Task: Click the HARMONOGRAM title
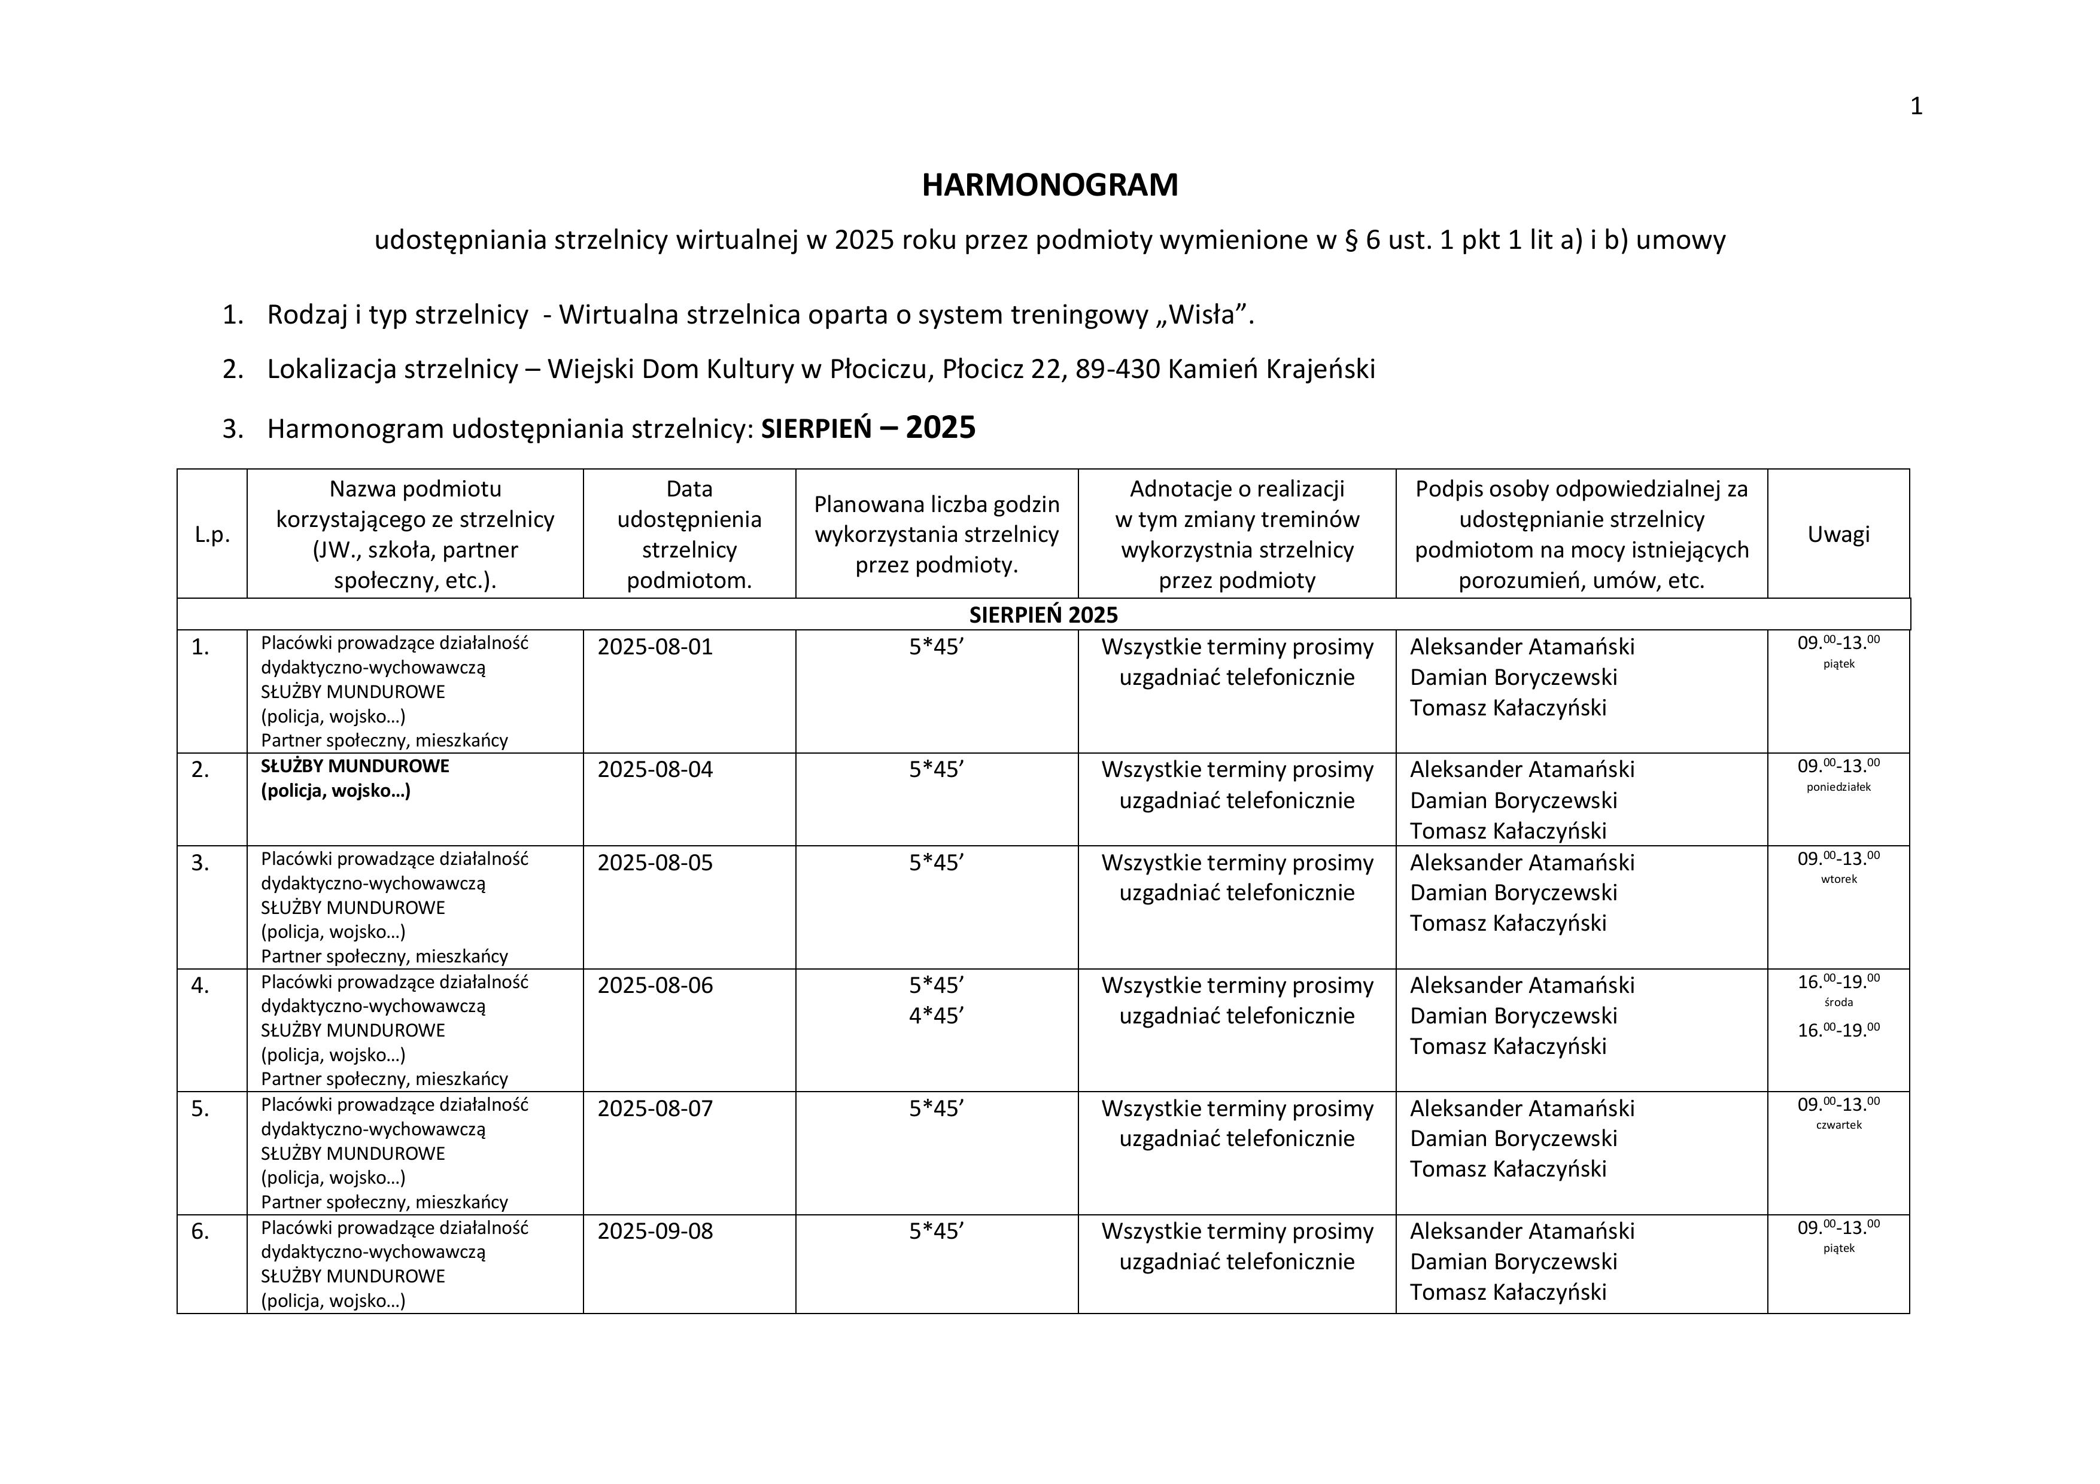click(1049, 185)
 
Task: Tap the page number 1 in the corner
click(1916, 107)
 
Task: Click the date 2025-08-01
click(655, 647)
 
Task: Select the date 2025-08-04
click(655, 770)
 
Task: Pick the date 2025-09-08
click(655, 1232)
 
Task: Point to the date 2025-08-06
click(655, 986)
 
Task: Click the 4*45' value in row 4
click(937, 1016)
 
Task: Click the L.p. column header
click(212, 535)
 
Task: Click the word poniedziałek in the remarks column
click(1838, 787)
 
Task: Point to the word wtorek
click(1838, 880)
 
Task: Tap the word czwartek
click(1838, 1126)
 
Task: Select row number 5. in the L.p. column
click(200, 1109)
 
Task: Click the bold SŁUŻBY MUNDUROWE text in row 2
click(355, 766)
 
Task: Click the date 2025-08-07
click(655, 1109)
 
